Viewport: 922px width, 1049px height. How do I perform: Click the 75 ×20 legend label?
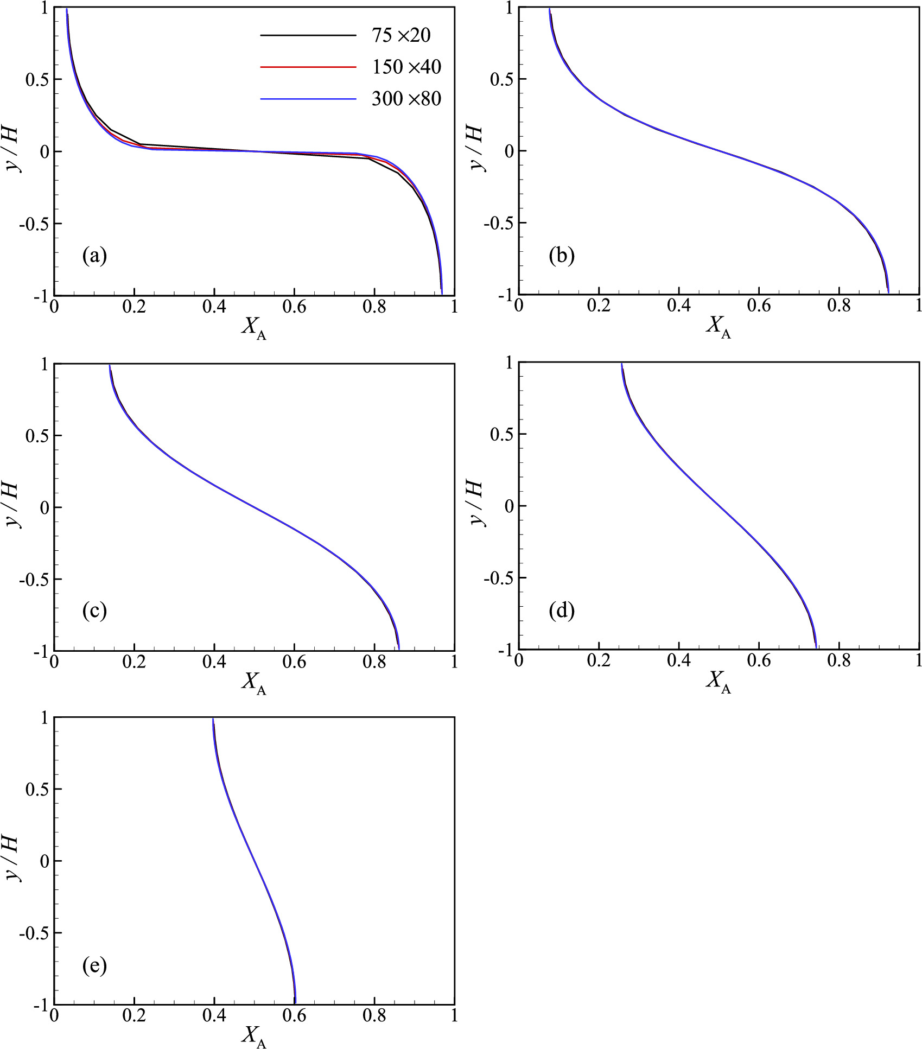pos(400,35)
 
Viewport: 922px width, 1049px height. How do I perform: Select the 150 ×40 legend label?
pos(406,67)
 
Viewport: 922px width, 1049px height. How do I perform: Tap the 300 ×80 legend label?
pos(406,98)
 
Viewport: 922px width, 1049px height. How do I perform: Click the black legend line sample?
pos(308,35)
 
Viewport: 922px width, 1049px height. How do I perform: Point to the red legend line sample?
pos(308,67)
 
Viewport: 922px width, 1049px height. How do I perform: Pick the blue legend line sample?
pos(308,99)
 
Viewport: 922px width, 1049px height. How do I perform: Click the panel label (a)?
pos(94,255)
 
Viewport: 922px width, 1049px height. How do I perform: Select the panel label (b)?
pos(561,255)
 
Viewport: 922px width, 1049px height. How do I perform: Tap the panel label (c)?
pos(94,611)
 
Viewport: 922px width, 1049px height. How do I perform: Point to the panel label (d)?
pos(561,611)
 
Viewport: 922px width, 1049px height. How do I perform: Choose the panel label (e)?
pos(94,965)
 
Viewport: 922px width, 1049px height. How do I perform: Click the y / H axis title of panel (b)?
pos(479,149)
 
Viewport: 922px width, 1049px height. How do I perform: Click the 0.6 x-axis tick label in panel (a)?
pos(294,308)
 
